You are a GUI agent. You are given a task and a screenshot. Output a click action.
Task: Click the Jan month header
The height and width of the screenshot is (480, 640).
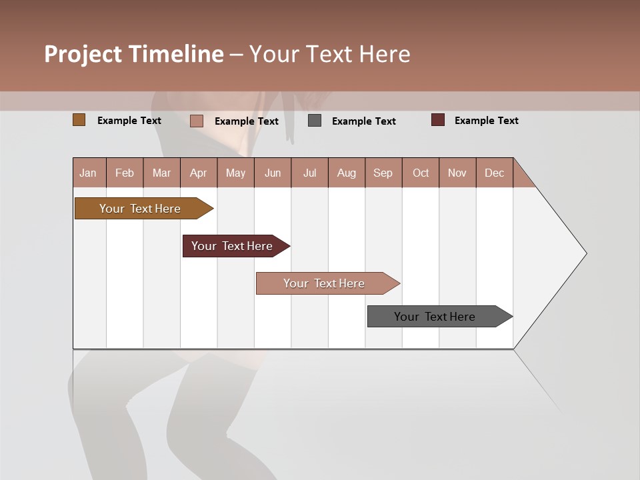pos(88,173)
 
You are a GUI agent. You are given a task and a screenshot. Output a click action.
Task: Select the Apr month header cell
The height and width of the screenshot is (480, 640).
pos(198,173)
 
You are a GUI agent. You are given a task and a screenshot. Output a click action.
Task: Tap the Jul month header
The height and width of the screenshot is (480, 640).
pos(309,173)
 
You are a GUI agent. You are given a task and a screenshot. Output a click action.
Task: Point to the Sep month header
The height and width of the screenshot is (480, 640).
pos(383,173)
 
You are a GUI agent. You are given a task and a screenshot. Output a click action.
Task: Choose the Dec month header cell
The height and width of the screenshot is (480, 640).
pos(494,173)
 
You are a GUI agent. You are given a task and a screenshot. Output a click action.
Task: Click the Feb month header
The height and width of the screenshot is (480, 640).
pos(125,173)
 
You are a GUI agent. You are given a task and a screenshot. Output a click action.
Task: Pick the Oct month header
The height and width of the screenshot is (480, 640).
pos(421,173)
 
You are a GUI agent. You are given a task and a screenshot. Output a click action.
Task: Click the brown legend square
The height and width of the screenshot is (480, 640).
pos(79,120)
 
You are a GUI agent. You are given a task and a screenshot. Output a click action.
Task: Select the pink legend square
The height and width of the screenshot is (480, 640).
pos(196,121)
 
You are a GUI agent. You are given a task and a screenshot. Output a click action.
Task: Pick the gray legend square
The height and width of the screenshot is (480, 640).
pos(315,121)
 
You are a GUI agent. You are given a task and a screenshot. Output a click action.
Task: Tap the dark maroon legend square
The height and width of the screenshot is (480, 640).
pos(438,120)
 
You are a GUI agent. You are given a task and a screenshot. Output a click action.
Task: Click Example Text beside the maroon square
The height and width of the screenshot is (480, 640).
pos(486,121)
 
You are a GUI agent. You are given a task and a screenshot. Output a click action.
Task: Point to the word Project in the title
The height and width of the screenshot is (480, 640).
pos(83,54)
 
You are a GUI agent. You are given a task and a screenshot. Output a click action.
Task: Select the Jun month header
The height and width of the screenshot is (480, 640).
pos(273,173)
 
